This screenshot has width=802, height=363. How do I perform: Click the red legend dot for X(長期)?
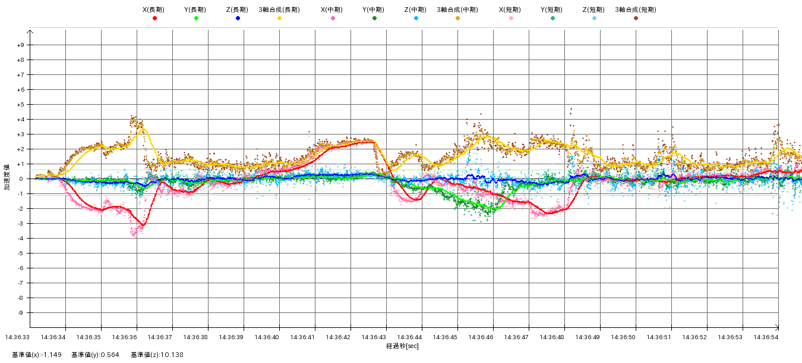point(154,18)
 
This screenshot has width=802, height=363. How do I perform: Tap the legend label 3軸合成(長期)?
point(279,10)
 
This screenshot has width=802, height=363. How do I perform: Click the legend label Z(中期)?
point(416,10)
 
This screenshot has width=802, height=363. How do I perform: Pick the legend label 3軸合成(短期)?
point(636,10)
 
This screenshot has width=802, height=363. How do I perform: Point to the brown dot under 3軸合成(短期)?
point(636,18)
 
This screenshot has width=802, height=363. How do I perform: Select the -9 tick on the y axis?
point(21,313)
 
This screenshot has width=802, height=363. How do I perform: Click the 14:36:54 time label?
point(766,337)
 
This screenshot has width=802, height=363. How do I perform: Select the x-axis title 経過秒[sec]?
point(402,346)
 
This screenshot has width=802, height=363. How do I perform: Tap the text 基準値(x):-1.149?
point(37,355)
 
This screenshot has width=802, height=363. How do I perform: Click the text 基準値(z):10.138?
point(157,355)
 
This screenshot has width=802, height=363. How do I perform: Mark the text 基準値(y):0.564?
point(95,355)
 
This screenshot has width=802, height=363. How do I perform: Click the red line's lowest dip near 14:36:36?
point(142,225)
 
